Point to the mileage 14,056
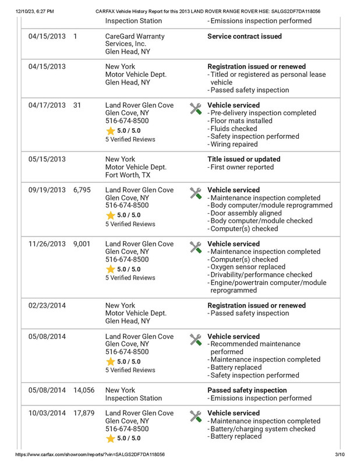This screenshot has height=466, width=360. pyautogui.click(x=84, y=390)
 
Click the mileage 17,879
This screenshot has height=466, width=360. pyautogui.click(x=84, y=414)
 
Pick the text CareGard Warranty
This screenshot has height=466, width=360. pyautogui.click(x=135, y=36)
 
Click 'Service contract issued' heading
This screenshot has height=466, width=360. pyautogui.click(x=245, y=36)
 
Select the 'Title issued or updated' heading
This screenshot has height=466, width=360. pyautogui.click(x=243, y=159)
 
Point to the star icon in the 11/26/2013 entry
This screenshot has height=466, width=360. pyautogui.click(x=110, y=269)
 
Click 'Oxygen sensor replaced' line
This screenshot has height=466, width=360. pyautogui.click(x=248, y=267)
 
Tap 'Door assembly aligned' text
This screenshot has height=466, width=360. pyautogui.click(x=248, y=213)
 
